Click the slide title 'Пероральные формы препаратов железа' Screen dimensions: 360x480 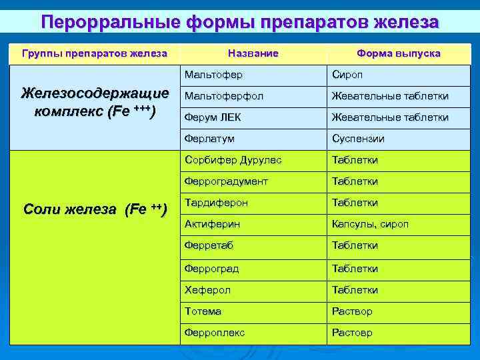240,21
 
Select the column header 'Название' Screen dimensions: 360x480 253,53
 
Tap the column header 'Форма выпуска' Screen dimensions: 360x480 398,53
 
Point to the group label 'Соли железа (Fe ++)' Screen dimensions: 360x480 94,209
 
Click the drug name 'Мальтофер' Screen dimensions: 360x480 214,75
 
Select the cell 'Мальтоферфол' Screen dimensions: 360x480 224,96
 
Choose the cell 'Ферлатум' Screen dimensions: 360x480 210,139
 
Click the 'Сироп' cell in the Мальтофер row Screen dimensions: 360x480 347,75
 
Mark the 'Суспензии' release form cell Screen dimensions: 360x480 358,139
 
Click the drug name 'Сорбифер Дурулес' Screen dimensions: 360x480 233,160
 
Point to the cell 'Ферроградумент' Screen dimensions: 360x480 227,181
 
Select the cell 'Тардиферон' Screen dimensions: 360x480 216,203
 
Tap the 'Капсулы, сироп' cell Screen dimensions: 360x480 370,224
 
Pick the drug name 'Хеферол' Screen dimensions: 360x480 208,290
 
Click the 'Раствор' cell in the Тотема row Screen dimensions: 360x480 352,311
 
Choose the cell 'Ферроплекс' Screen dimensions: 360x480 215,333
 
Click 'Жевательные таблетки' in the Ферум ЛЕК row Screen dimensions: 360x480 390,117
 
